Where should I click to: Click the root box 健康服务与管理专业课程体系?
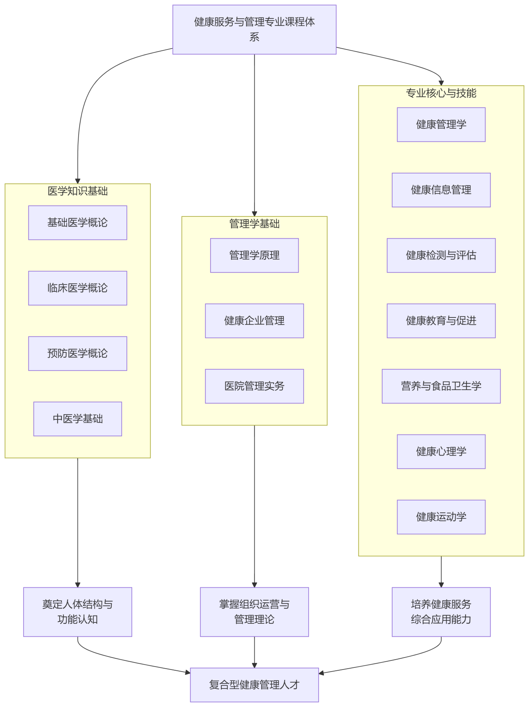click(254, 29)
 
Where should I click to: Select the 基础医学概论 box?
click(77, 223)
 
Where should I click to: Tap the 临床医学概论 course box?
click(77, 288)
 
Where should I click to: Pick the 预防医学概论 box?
click(77, 353)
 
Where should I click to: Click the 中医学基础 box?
click(77, 419)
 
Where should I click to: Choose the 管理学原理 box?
click(254, 256)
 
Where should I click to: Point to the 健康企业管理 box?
click(254, 321)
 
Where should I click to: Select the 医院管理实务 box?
click(254, 386)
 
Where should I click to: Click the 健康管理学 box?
click(441, 124)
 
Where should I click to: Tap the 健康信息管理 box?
click(441, 190)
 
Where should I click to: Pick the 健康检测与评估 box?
click(441, 256)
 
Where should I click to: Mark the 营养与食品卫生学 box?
click(441, 386)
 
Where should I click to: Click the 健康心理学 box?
click(441, 452)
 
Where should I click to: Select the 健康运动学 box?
click(441, 517)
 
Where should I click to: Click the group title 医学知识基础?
click(77, 191)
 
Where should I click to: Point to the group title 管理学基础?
click(254, 224)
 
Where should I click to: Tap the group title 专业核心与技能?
click(441, 93)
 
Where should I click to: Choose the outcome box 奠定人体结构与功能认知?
click(77, 612)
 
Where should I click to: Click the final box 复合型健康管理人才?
click(254, 685)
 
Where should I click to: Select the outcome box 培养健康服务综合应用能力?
click(441, 612)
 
